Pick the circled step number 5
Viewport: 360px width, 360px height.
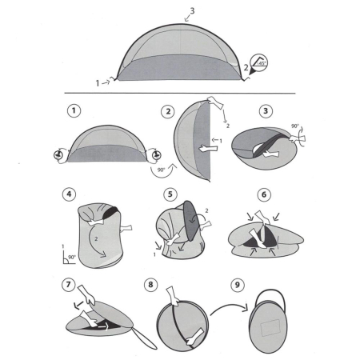click(168, 194)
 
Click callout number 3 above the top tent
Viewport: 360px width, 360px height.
click(190, 12)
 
